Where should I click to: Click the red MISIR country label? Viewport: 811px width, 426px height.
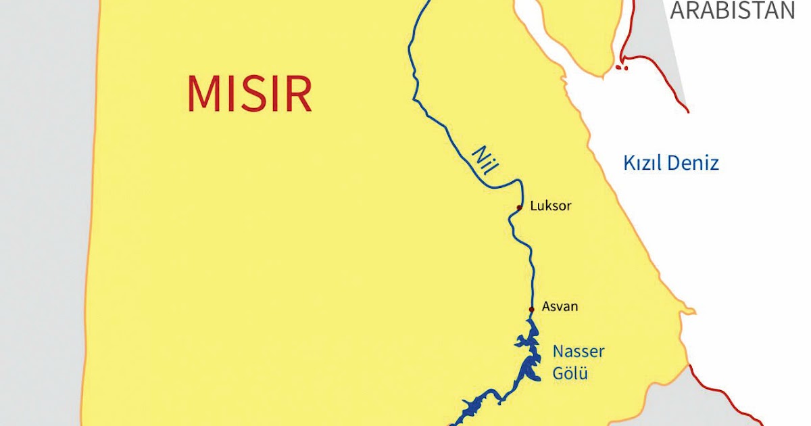(x=249, y=94)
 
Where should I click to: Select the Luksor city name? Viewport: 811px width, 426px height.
(x=551, y=206)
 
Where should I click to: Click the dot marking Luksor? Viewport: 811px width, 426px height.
(x=519, y=208)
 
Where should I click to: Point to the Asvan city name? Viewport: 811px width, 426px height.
(x=560, y=306)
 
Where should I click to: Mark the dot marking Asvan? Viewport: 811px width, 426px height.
(x=531, y=310)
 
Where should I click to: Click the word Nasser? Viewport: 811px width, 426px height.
(x=579, y=352)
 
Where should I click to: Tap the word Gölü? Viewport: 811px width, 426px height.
(x=571, y=373)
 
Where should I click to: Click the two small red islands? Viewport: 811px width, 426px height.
(x=622, y=68)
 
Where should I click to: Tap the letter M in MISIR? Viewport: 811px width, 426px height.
(x=204, y=94)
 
